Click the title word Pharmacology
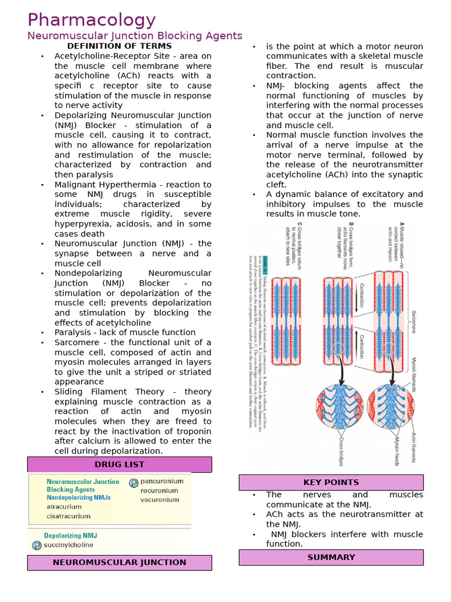[x=91, y=20]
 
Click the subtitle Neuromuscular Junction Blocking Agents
[x=135, y=36]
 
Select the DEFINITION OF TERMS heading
[x=119, y=46]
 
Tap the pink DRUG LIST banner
[x=119, y=464]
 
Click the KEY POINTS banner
[x=331, y=482]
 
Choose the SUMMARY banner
[x=331, y=557]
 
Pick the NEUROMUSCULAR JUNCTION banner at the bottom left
[x=119, y=562]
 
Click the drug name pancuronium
[x=161, y=481]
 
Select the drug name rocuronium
[x=159, y=490]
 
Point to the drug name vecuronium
[x=159, y=500]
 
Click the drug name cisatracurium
[x=69, y=516]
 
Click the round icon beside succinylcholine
[x=37, y=545]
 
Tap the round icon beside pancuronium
[x=133, y=482]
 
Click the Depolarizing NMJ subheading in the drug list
[x=70, y=536]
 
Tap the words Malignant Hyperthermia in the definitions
[x=103, y=185]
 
